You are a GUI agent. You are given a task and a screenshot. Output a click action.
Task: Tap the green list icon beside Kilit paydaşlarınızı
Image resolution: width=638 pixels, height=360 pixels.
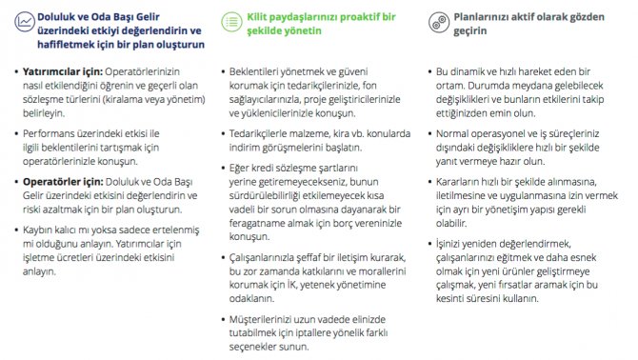tap(229, 19)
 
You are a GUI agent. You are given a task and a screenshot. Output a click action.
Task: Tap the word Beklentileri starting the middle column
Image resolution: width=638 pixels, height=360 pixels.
tap(262, 71)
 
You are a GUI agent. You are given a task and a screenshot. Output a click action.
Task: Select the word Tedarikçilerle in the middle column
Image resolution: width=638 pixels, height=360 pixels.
tap(267, 134)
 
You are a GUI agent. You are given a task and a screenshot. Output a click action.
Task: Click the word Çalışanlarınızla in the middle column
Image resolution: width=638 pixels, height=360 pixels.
tap(273, 258)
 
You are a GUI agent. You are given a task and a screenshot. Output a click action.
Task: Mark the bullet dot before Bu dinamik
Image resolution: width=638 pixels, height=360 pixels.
tap(428, 71)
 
